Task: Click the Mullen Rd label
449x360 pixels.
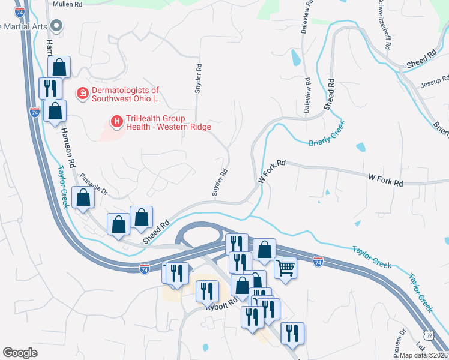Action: [67, 4]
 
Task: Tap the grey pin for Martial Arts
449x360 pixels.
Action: [56, 26]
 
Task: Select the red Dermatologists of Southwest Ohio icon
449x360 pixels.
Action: [81, 94]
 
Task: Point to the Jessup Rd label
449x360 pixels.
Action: [435, 80]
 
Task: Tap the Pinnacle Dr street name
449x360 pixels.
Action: [95, 184]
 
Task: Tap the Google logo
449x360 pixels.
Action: [20, 353]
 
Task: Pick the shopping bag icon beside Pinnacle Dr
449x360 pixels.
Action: [83, 197]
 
